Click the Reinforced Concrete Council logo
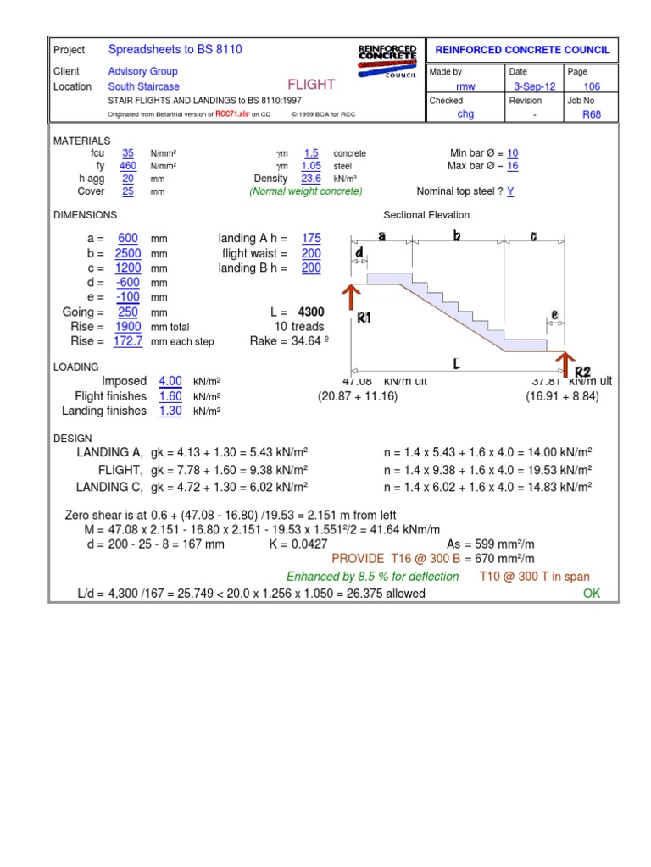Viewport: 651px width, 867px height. click(x=387, y=60)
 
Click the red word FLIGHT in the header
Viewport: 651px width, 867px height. click(x=311, y=85)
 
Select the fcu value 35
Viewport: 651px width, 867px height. click(x=128, y=153)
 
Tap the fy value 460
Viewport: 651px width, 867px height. click(x=128, y=166)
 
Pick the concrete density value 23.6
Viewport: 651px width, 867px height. click(x=311, y=179)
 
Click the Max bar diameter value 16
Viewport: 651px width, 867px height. click(x=512, y=166)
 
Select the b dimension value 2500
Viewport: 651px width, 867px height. click(x=129, y=253)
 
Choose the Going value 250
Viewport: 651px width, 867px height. click(x=128, y=312)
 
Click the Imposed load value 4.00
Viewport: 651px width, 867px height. click(x=170, y=381)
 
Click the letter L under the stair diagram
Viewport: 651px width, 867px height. click(x=456, y=364)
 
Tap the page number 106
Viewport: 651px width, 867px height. click(x=592, y=86)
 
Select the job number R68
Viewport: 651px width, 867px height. click(x=592, y=114)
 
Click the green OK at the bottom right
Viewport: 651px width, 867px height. click(x=592, y=594)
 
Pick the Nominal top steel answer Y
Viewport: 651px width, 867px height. click(x=510, y=191)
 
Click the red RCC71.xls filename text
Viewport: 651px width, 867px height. click(x=232, y=113)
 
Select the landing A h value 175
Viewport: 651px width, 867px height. click(x=311, y=239)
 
